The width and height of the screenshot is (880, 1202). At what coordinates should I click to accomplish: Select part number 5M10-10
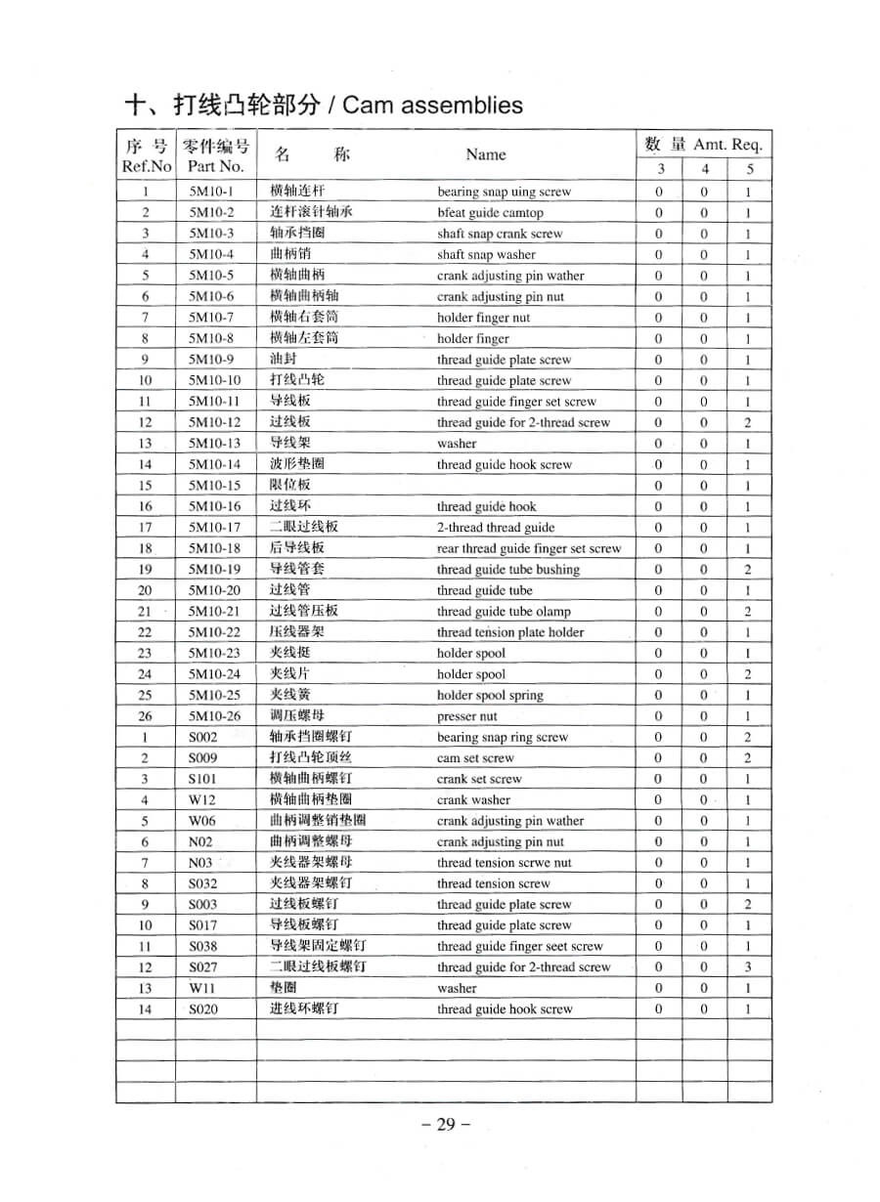point(214,381)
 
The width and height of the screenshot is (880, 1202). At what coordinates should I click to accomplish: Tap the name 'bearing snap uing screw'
point(504,193)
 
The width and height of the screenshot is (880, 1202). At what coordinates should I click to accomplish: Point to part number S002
point(202,738)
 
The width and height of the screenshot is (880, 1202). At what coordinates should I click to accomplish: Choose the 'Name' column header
point(486,154)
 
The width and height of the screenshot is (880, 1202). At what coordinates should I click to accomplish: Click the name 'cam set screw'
point(474,758)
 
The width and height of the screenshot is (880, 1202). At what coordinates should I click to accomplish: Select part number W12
point(201,800)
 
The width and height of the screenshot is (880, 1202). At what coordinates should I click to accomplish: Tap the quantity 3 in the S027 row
point(747,967)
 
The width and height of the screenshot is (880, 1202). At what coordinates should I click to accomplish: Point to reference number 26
point(145,716)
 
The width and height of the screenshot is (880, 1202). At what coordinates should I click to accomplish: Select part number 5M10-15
point(214,486)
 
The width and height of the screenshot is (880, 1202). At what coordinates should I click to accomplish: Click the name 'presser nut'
point(466,716)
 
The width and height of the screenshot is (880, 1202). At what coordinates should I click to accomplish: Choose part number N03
point(200,863)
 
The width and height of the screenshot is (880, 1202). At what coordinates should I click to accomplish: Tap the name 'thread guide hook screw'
point(505,1009)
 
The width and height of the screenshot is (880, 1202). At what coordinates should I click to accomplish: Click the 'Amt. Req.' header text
point(727,145)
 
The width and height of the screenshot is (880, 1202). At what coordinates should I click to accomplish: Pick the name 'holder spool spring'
point(490,696)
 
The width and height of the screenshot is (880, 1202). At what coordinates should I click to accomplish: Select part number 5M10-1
point(211,193)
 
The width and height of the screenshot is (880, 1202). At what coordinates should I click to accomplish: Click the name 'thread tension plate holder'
point(509,632)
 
